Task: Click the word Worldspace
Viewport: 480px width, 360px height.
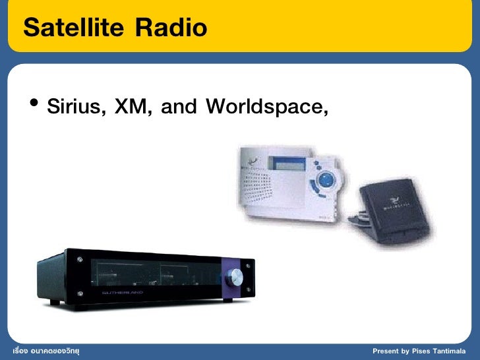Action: tap(266, 107)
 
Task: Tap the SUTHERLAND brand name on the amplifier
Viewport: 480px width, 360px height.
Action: tap(122, 291)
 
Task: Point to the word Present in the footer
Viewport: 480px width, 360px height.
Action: tap(386, 350)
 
